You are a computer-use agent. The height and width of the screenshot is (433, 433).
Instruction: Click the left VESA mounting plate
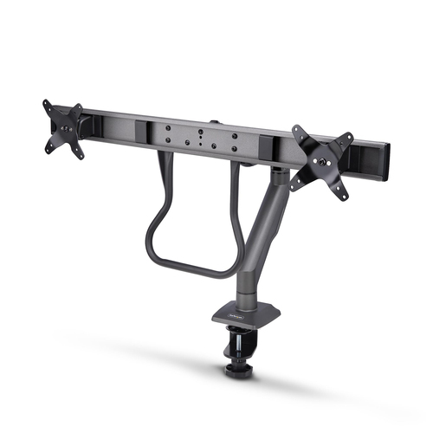[x=63, y=129]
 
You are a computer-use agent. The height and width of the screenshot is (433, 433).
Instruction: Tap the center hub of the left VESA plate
[x=63, y=129]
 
